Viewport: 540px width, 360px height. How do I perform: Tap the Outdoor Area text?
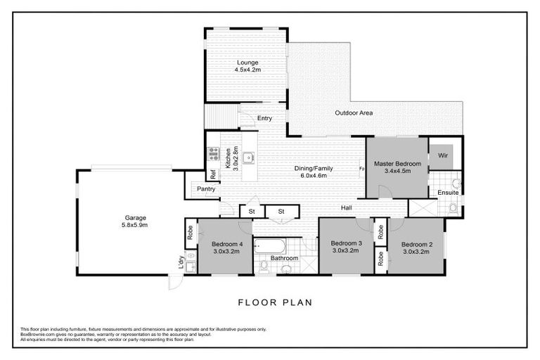point(354,112)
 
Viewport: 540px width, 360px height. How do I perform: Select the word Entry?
point(264,118)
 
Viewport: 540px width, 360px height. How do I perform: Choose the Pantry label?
point(206,189)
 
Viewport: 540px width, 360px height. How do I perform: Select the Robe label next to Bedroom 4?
point(191,231)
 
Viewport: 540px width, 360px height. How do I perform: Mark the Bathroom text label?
point(285,258)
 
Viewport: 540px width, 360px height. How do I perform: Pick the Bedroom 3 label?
point(346,243)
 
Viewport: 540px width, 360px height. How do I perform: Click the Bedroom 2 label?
point(416,244)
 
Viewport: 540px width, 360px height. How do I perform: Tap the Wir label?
point(444,155)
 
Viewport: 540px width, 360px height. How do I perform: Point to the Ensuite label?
point(448,192)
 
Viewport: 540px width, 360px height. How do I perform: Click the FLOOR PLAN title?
point(275,303)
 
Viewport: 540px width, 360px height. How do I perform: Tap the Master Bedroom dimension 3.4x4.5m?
point(397,171)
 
